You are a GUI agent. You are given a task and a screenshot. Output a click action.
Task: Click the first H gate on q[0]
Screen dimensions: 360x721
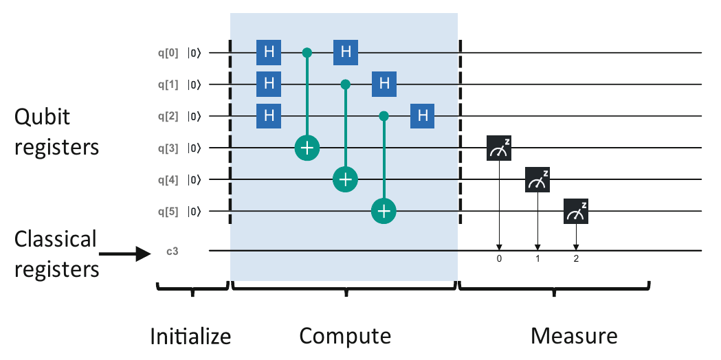[x=269, y=52]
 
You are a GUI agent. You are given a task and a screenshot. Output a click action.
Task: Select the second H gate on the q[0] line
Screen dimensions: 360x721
[x=346, y=52]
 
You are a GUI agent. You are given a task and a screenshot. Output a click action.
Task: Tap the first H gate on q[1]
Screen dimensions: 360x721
[x=269, y=85]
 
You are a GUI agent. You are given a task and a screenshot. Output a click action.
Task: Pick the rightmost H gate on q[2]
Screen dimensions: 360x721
[x=423, y=116]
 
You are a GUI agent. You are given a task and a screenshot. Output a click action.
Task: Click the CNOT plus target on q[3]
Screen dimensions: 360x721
[x=307, y=148]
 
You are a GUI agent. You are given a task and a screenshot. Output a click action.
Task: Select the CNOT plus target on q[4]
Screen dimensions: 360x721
[x=346, y=180]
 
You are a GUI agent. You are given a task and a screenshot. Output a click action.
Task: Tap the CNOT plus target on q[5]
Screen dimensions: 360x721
[x=384, y=212]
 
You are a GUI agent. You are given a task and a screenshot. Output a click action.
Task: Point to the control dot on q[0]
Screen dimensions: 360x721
[x=307, y=52]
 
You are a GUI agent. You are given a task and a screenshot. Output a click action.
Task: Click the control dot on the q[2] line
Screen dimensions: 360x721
[x=384, y=116]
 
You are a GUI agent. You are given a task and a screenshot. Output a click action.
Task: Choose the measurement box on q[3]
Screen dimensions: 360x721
[x=500, y=148]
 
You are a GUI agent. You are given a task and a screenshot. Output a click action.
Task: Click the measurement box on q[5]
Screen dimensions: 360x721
[x=576, y=212]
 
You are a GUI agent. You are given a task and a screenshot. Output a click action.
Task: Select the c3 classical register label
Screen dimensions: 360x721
[x=173, y=251]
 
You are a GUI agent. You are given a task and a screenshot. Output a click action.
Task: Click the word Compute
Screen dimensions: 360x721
[x=345, y=336]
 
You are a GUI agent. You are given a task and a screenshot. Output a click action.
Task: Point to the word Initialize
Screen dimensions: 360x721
[x=191, y=336]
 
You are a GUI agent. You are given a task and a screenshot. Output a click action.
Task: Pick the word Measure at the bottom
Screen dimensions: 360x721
[x=574, y=336]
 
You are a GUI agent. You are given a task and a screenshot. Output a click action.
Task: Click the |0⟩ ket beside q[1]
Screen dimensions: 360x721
[x=195, y=85]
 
